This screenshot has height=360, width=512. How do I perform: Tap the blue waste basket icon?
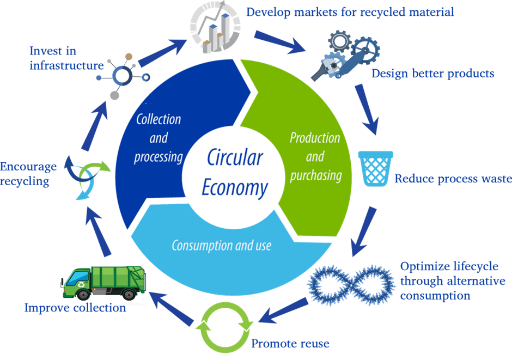click(x=375, y=168)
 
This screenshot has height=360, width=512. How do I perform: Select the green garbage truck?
click(x=101, y=282)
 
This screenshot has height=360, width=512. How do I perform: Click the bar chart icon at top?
click(x=215, y=27)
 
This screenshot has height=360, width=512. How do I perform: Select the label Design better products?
click(x=433, y=74)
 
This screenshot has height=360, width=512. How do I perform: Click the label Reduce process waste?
click(x=453, y=179)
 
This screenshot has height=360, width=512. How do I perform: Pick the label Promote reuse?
click(x=290, y=344)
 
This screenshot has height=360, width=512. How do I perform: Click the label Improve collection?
click(x=75, y=308)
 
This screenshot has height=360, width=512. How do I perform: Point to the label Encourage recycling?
click(x=28, y=174)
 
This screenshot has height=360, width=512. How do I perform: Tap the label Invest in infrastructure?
click(x=66, y=58)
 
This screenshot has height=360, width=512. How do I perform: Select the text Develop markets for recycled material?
click(x=350, y=11)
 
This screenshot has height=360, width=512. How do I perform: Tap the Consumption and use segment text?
click(x=221, y=246)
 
